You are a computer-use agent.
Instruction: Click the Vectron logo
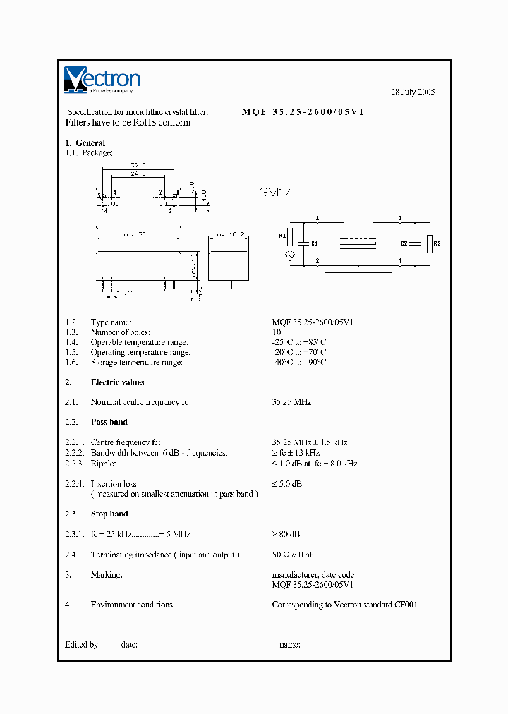(x=102, y=80)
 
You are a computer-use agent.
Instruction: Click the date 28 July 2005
(x=413, y=92)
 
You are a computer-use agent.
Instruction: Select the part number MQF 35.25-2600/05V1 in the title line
(x=303, y=112)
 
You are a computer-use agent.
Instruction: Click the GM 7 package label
(x=275, y=192)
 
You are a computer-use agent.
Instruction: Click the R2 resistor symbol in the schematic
(x=428, y=243)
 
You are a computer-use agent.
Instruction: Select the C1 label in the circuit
(x=315, y=243)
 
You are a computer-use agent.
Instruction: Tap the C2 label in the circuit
(x=404, y=243)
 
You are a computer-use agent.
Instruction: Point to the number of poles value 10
(x=277, y=332)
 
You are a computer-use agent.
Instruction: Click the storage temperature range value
(x=299, y=362)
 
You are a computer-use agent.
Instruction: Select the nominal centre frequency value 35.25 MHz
(x=291, y=402)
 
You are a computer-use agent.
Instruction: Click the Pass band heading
(x=109, y=422)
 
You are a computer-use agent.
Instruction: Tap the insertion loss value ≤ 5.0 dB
(x=287, y=484)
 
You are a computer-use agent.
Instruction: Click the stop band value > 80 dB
(x=286, y=534)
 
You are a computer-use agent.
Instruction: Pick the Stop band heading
(x=109, y=514)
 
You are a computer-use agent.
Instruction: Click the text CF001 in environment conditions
(x=413, y=605)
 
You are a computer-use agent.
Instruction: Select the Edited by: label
(x=83, y=644)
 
